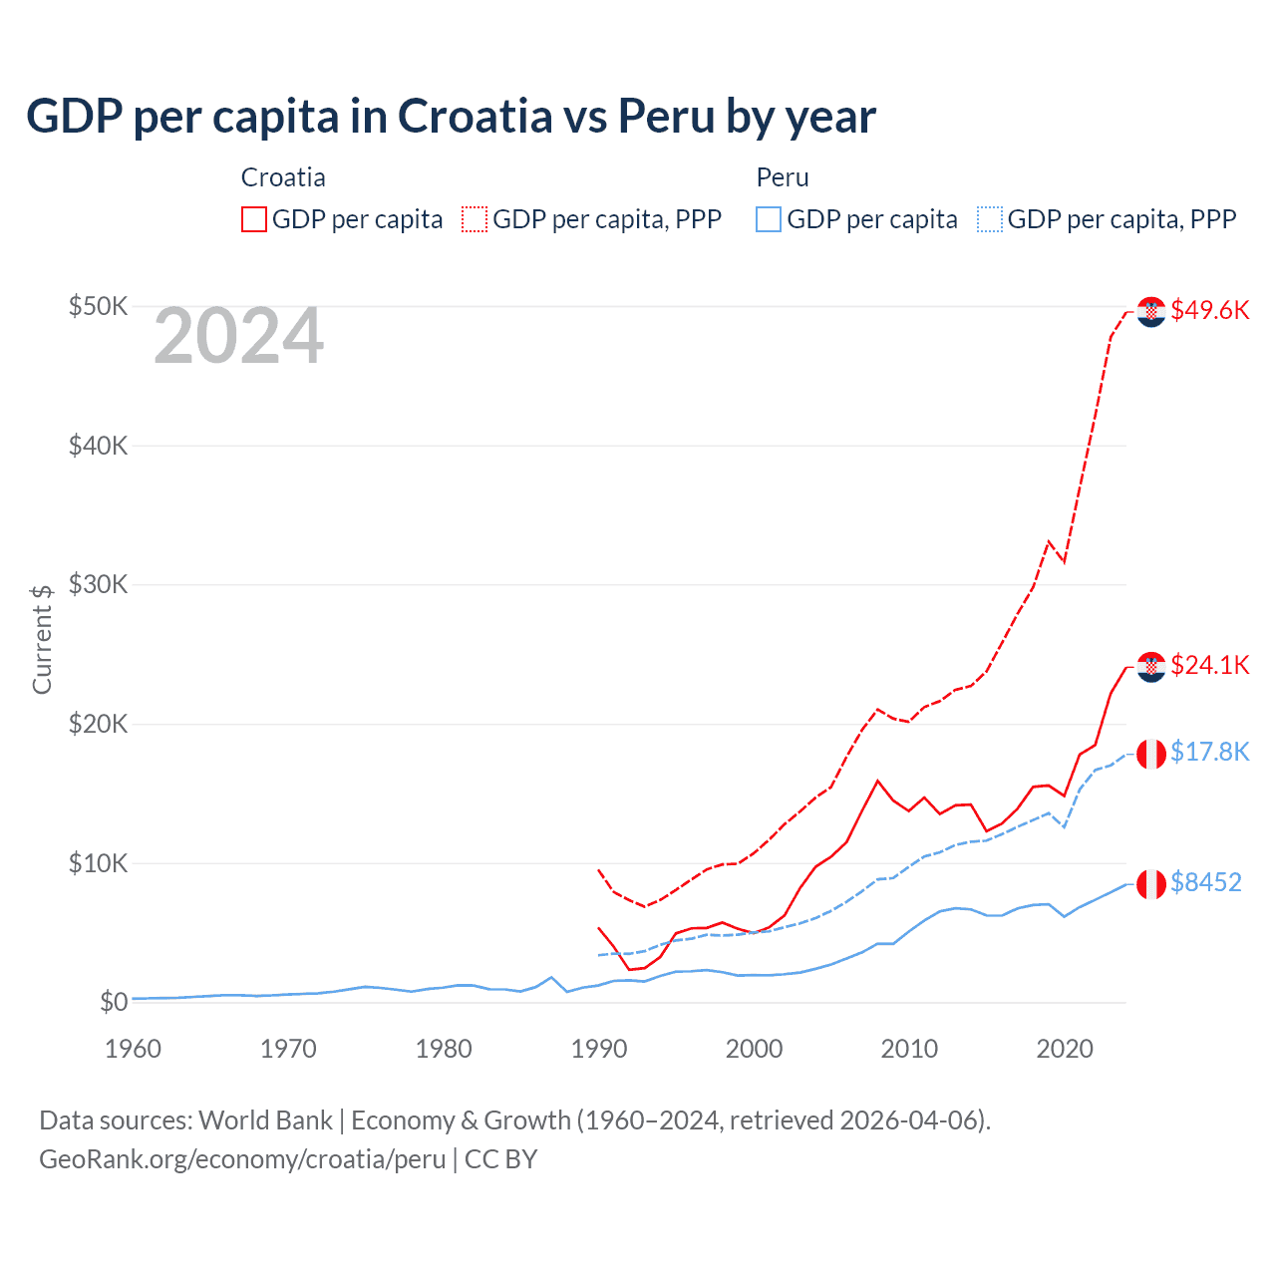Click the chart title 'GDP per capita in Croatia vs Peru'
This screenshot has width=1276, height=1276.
point(451,116)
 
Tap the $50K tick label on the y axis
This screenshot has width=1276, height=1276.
point(98,306)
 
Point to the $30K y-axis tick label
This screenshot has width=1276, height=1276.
point(98,584)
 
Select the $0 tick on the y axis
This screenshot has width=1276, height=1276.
point(113,1002)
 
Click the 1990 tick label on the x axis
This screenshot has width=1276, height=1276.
point(599,1049)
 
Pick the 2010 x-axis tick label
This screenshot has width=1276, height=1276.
point(909,1049)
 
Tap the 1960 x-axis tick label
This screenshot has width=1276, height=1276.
point(133,1049)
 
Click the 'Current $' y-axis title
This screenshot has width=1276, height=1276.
point(42,639)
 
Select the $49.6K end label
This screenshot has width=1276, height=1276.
point(1209,310)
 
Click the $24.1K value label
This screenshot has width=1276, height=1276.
point(1209,665)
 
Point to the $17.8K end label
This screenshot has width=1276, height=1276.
point(1209,752)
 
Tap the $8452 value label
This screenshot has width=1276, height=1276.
point(1205,882)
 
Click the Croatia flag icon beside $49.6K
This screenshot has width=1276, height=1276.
point(1151,312)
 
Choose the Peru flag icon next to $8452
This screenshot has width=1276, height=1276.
point(1151,884)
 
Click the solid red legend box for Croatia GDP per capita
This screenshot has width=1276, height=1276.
point(254,219)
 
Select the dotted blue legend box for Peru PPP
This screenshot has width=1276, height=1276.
point(990,219)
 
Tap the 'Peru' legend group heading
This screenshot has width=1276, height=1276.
point(783,177)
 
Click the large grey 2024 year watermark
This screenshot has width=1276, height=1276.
point(238,336)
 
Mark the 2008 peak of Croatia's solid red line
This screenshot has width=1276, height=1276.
point(877,781)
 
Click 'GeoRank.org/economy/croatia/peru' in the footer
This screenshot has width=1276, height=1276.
point(242,1159)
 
